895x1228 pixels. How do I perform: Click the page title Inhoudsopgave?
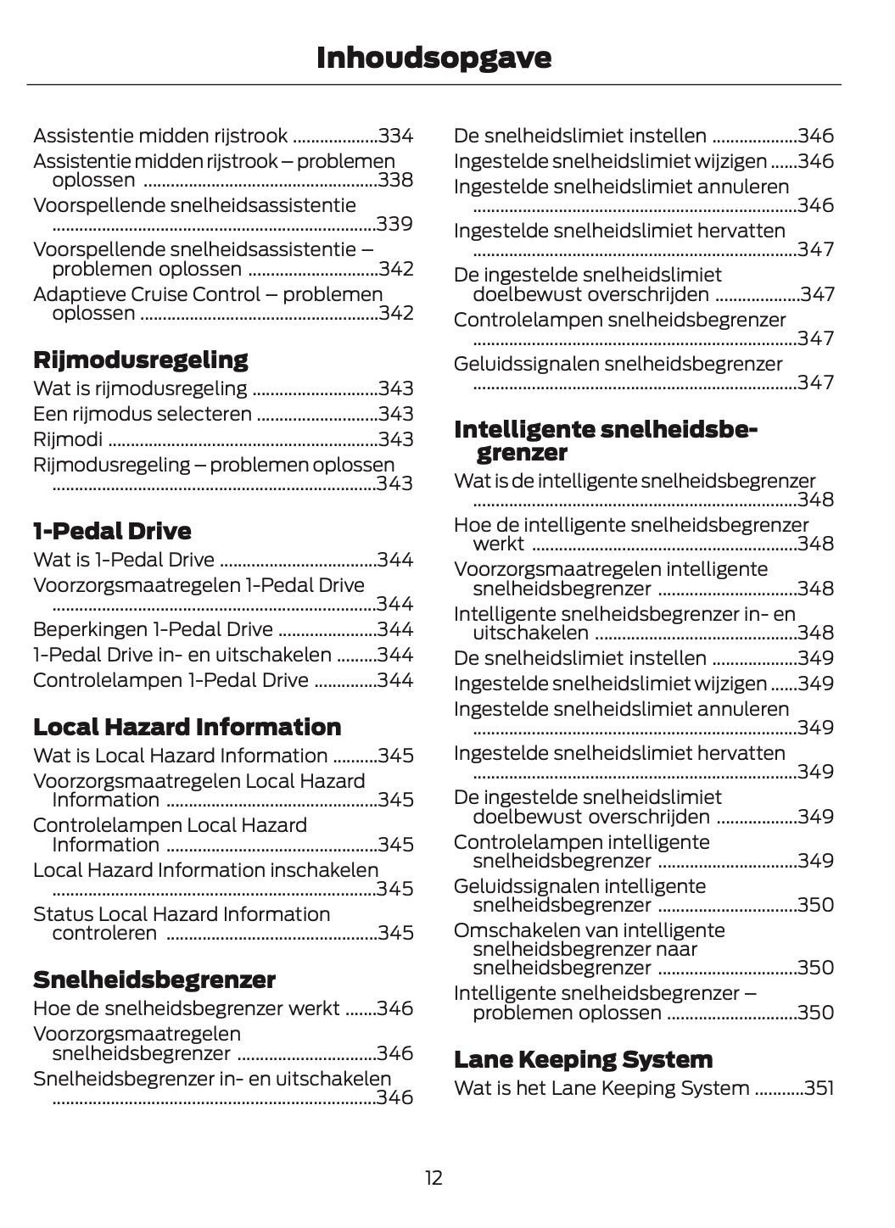coord(434,58)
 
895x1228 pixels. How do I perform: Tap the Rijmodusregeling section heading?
coord(141,360)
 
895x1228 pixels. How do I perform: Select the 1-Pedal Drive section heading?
coord(112,531)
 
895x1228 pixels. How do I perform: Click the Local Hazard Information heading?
coord(187,727)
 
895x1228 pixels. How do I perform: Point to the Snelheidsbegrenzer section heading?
coord(154,980)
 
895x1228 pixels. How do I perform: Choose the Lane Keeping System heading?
coord(583,1059)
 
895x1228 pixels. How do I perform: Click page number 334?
coord(396,136)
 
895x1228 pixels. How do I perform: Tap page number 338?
coord(396,180)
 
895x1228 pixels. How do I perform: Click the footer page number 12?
coord(434,1178)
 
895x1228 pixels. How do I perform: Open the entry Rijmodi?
coord(68,439)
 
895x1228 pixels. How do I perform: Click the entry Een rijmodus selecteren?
coord(143,414)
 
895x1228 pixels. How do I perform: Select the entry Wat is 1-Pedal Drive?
coord(124,560)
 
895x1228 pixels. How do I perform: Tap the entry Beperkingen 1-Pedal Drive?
coord(153,629)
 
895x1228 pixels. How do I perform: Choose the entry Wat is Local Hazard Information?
coord(180,756)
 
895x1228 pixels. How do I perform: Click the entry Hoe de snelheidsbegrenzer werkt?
coord(187,1008)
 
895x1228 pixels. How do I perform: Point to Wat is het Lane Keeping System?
coord(601,1088)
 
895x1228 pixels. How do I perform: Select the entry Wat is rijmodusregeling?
coord(140,388)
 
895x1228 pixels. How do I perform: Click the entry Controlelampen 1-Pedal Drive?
coord(171,680)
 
